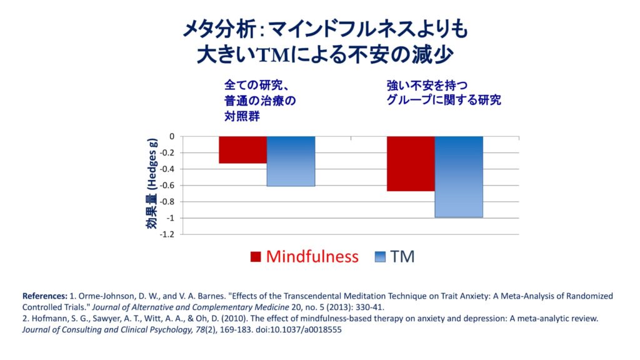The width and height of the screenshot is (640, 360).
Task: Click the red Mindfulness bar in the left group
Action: pyautogui.click(x=242, y=150)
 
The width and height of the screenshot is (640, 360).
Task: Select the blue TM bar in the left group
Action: pyautogui.click(x=291, y=161)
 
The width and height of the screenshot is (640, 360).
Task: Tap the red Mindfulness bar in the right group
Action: pyautogui.click(x=411, y=164)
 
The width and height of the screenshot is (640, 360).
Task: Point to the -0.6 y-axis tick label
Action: pyautogui.click(x=167, y=185)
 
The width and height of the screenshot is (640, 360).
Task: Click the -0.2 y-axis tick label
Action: pyautogui.click(x=167, y=152)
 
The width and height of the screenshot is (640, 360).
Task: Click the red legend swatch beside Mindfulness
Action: pyautogui.click(x=255, y=257)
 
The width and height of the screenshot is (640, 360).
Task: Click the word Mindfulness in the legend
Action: pyautogui.click(x=312, y=256)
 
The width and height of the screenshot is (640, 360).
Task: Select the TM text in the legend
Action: pyautogui.click(x=402, y=256)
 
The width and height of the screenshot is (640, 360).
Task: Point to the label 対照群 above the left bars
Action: pyautogui.click(x=242, y=116)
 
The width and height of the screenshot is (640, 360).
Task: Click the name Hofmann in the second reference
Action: pyautogui.click(x=46, y=319)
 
